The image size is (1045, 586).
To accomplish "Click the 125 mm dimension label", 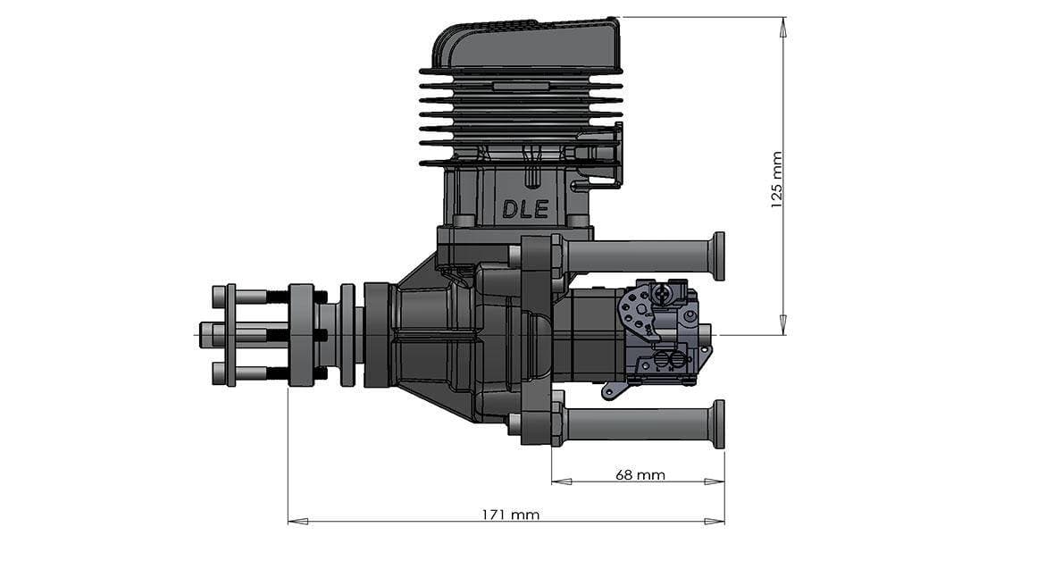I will [776, 180].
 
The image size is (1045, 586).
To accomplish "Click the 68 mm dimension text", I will [640, 474].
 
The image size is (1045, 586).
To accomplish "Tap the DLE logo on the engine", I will [525, 209].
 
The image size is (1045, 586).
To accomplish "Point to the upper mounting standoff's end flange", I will [718, 255].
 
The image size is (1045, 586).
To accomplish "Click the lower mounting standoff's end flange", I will [718, 423].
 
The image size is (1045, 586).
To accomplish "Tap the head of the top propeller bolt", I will [218, 296].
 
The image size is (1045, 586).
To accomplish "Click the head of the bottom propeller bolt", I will [218, 373].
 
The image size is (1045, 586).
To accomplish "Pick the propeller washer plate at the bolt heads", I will [231, 334].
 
